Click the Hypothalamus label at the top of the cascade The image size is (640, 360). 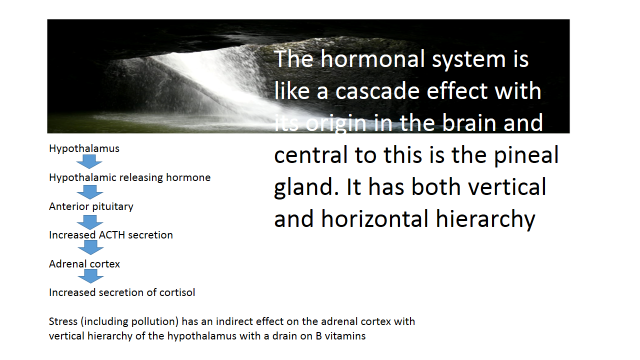pyautogui.click(x=84, y=149)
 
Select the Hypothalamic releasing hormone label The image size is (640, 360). pyautogui.click(x=130, y=178)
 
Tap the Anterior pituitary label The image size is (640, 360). pyautogui.click(x=91, y=207)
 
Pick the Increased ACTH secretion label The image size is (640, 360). pyautogui.click(x=111, y=235)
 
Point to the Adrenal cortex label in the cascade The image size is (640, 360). pyautogui.click(x=84, y=264)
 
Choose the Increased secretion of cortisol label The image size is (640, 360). pyautogui.click(x=122, y=293)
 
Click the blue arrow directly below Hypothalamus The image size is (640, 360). pyautogui.click(x=89, y=162)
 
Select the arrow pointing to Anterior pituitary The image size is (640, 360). pyautogui.click(x=90, y=191)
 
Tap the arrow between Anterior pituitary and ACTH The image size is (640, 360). pyautogui.click(x=90, y=222)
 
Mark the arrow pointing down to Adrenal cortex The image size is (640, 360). pyautogui.click(x=90, y=247)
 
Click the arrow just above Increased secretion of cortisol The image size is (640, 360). pyautogui.click(x=90, y=276)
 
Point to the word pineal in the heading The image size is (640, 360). pyautogui.click(x=526, y=156)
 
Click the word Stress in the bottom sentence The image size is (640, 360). pyautogui.click(x=63, y=322)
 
